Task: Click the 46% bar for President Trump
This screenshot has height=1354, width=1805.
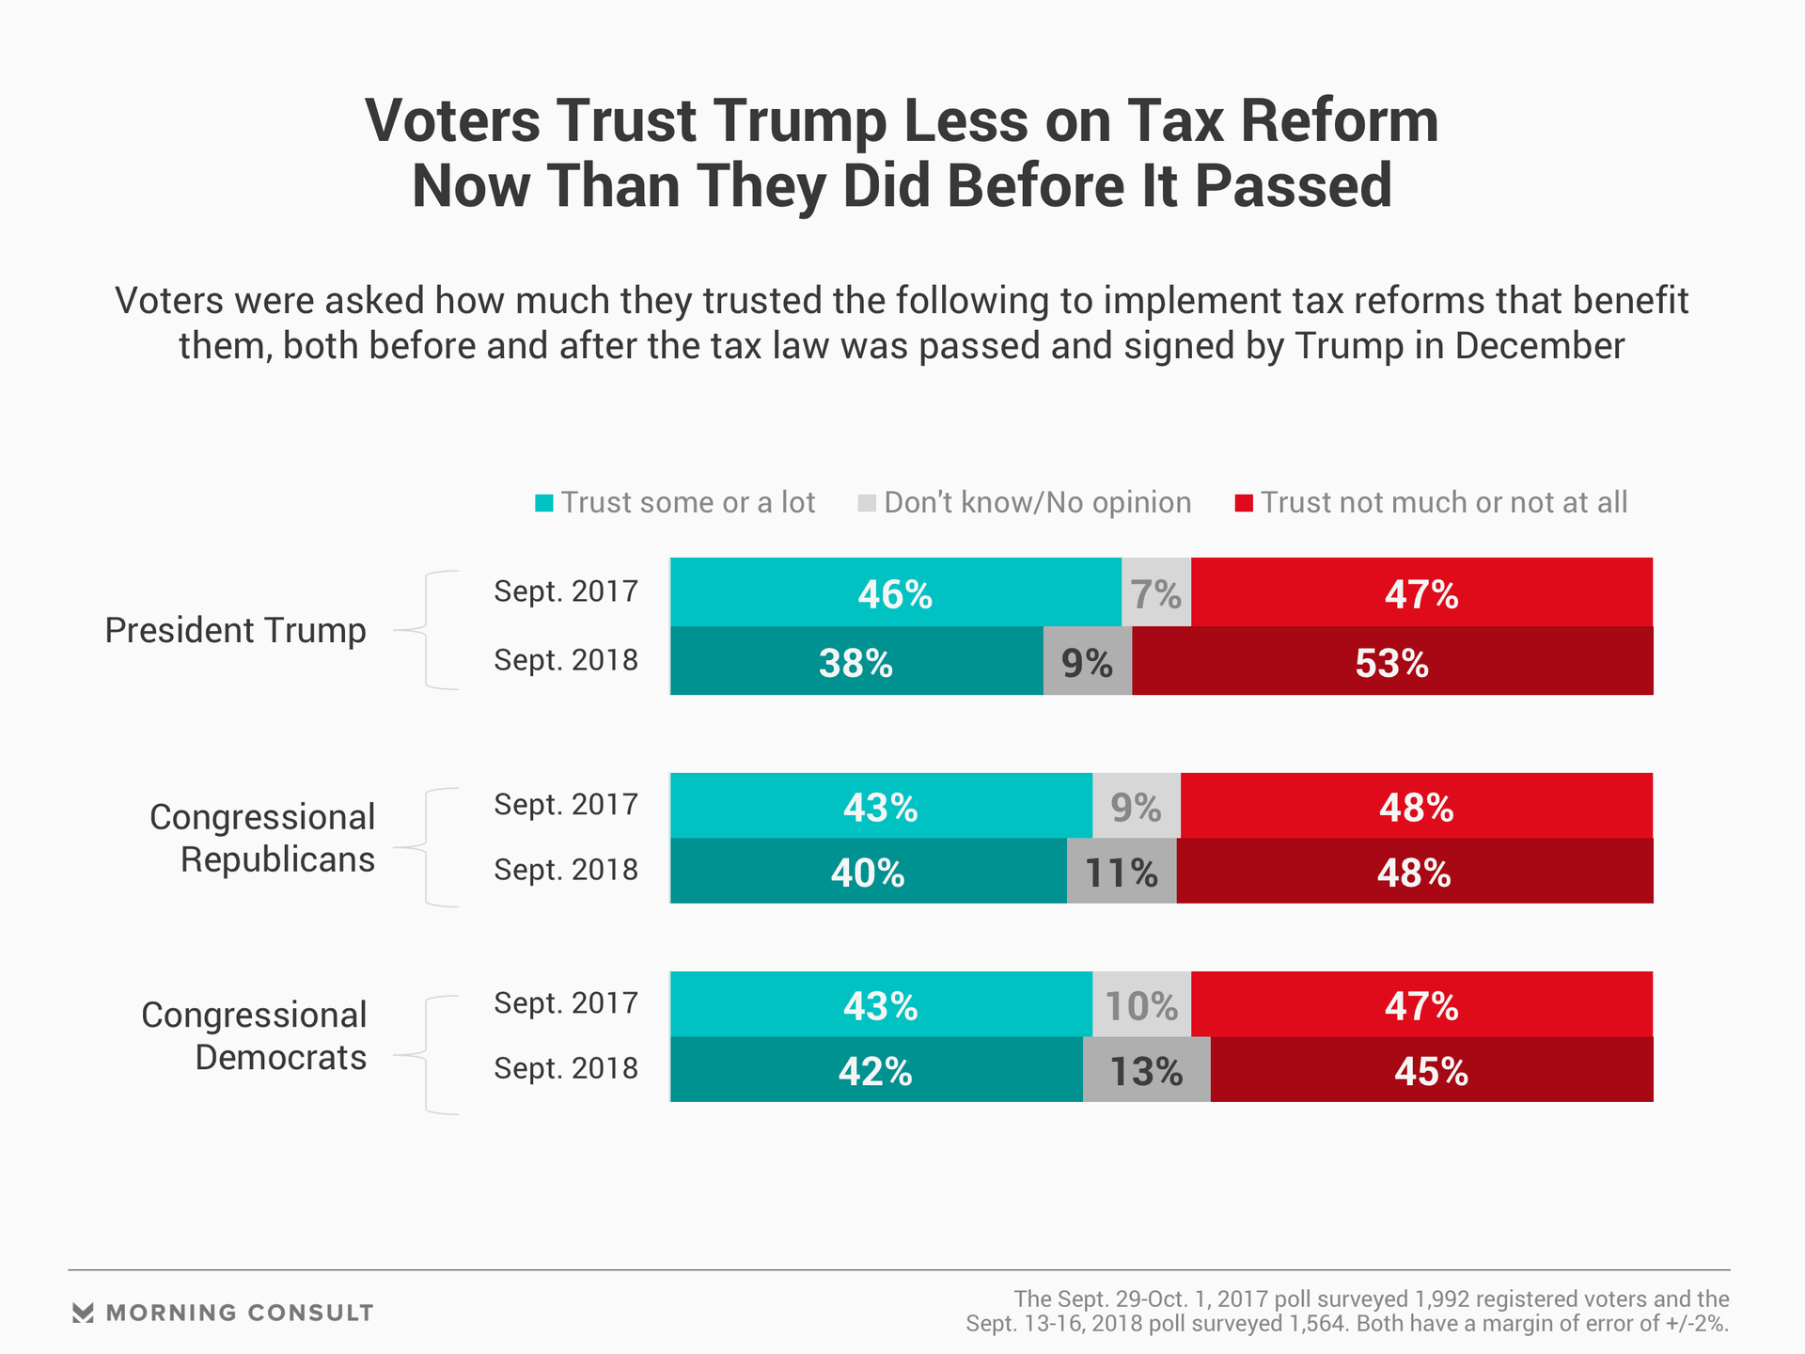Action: click(895, 592)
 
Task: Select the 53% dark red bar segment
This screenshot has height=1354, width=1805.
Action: click(1391, 661)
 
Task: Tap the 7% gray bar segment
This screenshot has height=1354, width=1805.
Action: click(1155, 592)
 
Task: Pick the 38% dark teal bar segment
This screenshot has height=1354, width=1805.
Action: click(855, 661)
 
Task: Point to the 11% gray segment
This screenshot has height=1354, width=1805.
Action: click(1121, 872)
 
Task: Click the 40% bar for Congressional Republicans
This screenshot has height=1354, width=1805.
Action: click(867, 872)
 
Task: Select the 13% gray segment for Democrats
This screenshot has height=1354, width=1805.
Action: click(1146, 1070)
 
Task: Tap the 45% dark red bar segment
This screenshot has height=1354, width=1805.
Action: click(1431, 1070)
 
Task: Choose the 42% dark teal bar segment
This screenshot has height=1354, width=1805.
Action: click(875, 1070)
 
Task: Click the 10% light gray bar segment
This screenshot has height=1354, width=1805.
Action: click(1141, 1004)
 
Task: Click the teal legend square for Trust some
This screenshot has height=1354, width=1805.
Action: click(544, 503)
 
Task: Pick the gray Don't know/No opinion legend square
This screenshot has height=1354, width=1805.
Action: click(867, 503)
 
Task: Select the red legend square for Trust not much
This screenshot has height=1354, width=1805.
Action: click(1244, 503)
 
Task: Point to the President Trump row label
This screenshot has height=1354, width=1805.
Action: click(235, 630)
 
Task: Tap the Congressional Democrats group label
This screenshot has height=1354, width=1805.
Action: click(254, 1036)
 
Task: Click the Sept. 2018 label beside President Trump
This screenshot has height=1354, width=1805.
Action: click(566, 660)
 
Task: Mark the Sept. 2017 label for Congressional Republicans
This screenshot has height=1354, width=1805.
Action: click(566, 805)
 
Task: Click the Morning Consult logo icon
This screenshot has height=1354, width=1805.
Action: click(83, 1313)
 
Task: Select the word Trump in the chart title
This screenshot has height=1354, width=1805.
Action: click(799, 121)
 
